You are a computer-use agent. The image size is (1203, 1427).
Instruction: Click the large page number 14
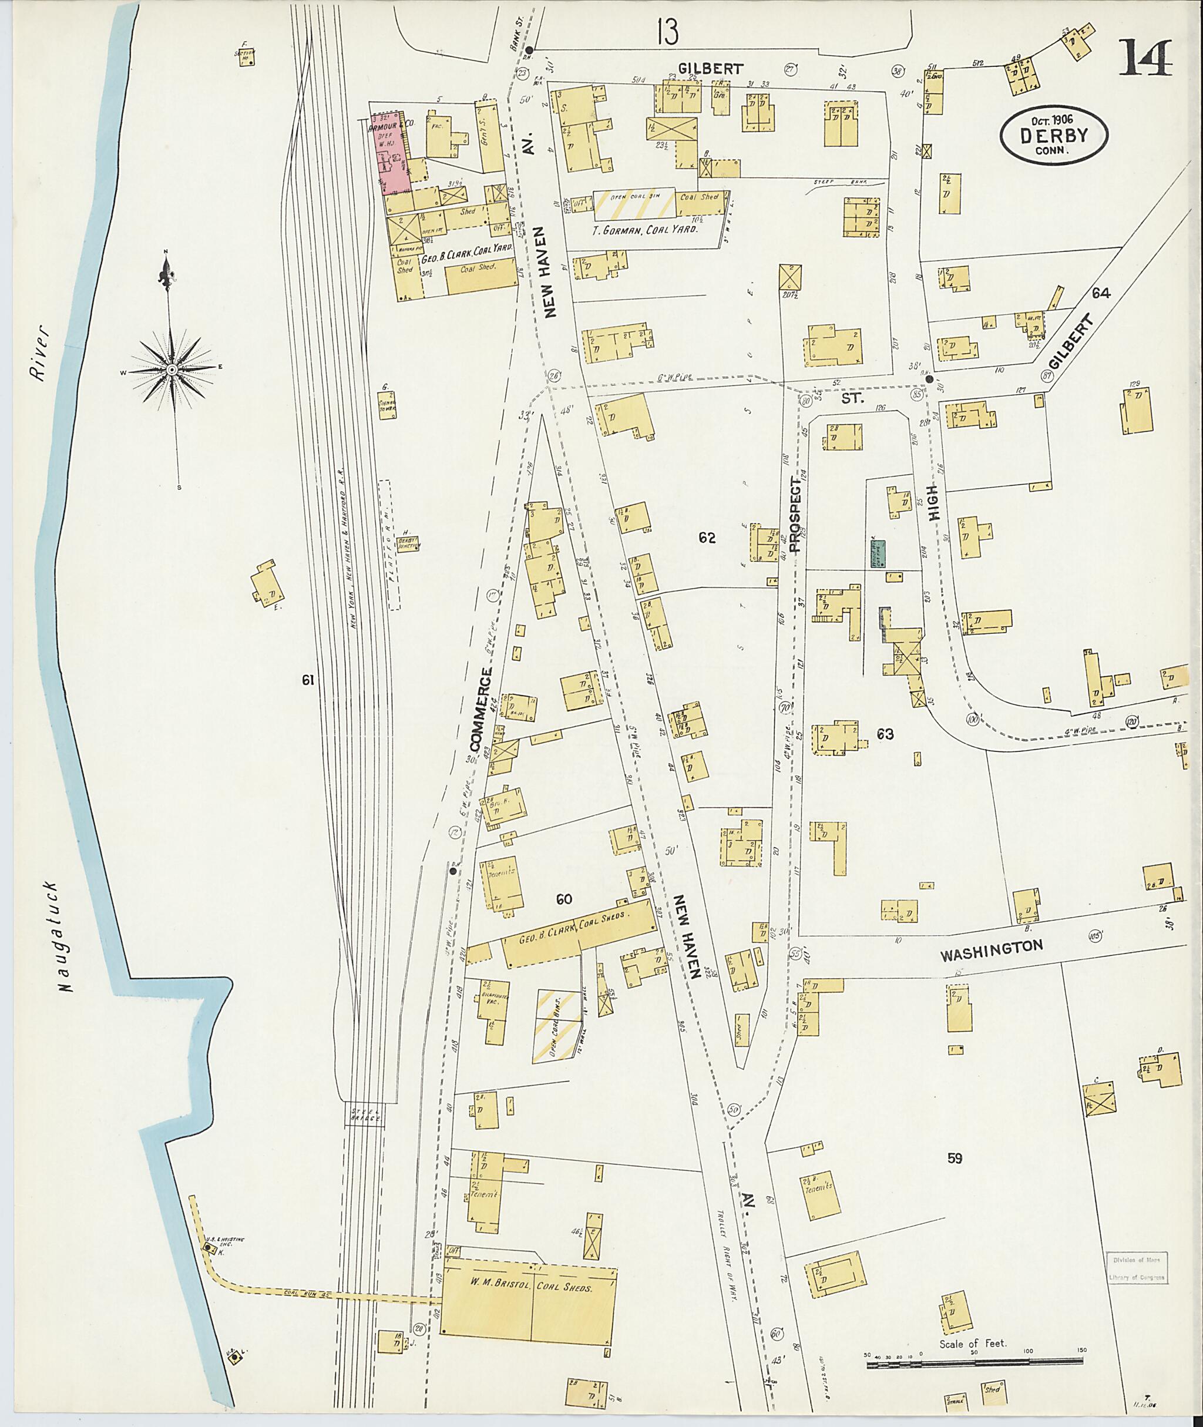(1145, 60)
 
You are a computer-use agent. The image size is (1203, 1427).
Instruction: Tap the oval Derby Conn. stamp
(1054, 136)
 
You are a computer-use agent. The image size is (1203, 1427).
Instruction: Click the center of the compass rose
(172, 369)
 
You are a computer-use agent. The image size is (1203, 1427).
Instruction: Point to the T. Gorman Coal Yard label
(644, 230)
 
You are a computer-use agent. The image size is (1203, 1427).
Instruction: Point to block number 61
(308, 679)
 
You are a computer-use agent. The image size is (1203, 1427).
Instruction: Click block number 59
(954, 1157)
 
